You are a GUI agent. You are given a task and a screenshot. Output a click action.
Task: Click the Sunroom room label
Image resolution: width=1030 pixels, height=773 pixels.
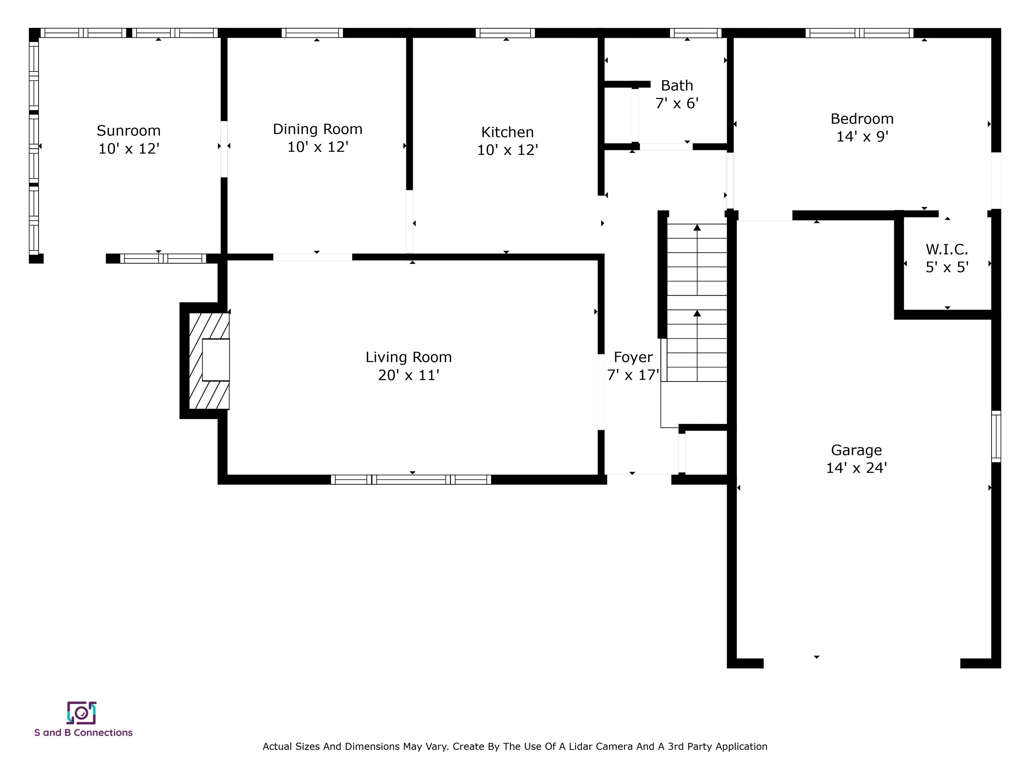pos(128,131)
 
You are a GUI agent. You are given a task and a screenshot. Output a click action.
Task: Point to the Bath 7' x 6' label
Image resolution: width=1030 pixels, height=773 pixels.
pos(677,95)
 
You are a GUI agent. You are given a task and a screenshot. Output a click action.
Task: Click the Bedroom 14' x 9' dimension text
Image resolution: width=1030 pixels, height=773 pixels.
pos(862,137)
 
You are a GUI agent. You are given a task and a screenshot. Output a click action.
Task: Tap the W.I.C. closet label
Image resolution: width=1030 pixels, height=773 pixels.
pos(947,250)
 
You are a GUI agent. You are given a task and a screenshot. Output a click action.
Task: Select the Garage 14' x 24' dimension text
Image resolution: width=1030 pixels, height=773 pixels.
pos(856,468)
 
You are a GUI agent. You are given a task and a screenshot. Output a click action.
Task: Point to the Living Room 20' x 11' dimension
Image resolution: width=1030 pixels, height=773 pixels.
pos(408,375)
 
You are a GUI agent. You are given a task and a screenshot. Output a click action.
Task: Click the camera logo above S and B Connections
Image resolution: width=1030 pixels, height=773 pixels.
pos(81,713)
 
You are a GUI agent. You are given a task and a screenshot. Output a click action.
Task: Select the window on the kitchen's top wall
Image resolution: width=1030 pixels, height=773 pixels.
pos(505,33)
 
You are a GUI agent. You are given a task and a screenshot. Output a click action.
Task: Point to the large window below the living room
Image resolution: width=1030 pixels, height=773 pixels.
pos(411,479)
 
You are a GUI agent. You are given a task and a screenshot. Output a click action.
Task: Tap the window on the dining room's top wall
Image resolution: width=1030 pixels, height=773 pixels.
pos(312,33)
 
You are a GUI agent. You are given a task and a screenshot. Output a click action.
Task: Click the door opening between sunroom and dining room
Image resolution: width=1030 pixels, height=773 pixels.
pos(224,149)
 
